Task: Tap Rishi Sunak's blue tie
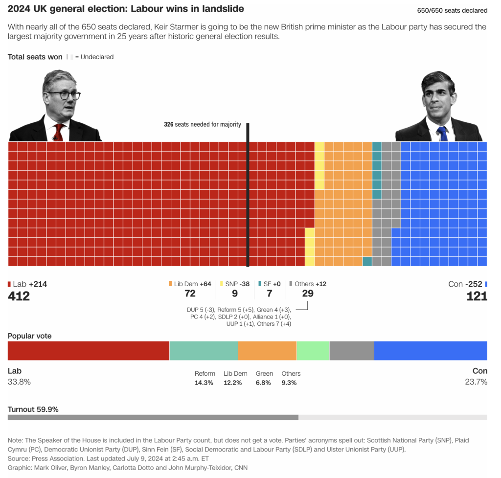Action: pos(442,133)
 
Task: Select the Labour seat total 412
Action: pos(19,296)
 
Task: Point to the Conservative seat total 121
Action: pos(477,296)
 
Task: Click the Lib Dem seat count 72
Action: pos(190,294)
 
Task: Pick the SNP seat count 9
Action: pos(235,294)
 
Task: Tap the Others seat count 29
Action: pos(308,294)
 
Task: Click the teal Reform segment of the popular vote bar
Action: pos(204,351)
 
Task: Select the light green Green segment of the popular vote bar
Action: pos(313,351)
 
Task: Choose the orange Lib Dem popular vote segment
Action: pos(267,351)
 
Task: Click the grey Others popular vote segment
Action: pos(352,351)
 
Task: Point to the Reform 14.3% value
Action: pos(204,383)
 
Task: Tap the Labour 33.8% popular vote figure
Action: pos(19,382)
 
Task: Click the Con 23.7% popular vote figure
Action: pos(476,382)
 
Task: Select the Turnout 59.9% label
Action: pos(33,409)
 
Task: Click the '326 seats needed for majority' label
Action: pos(203,124)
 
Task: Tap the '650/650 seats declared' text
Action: pos(452,10)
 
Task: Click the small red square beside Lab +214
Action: pos(9,284)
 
